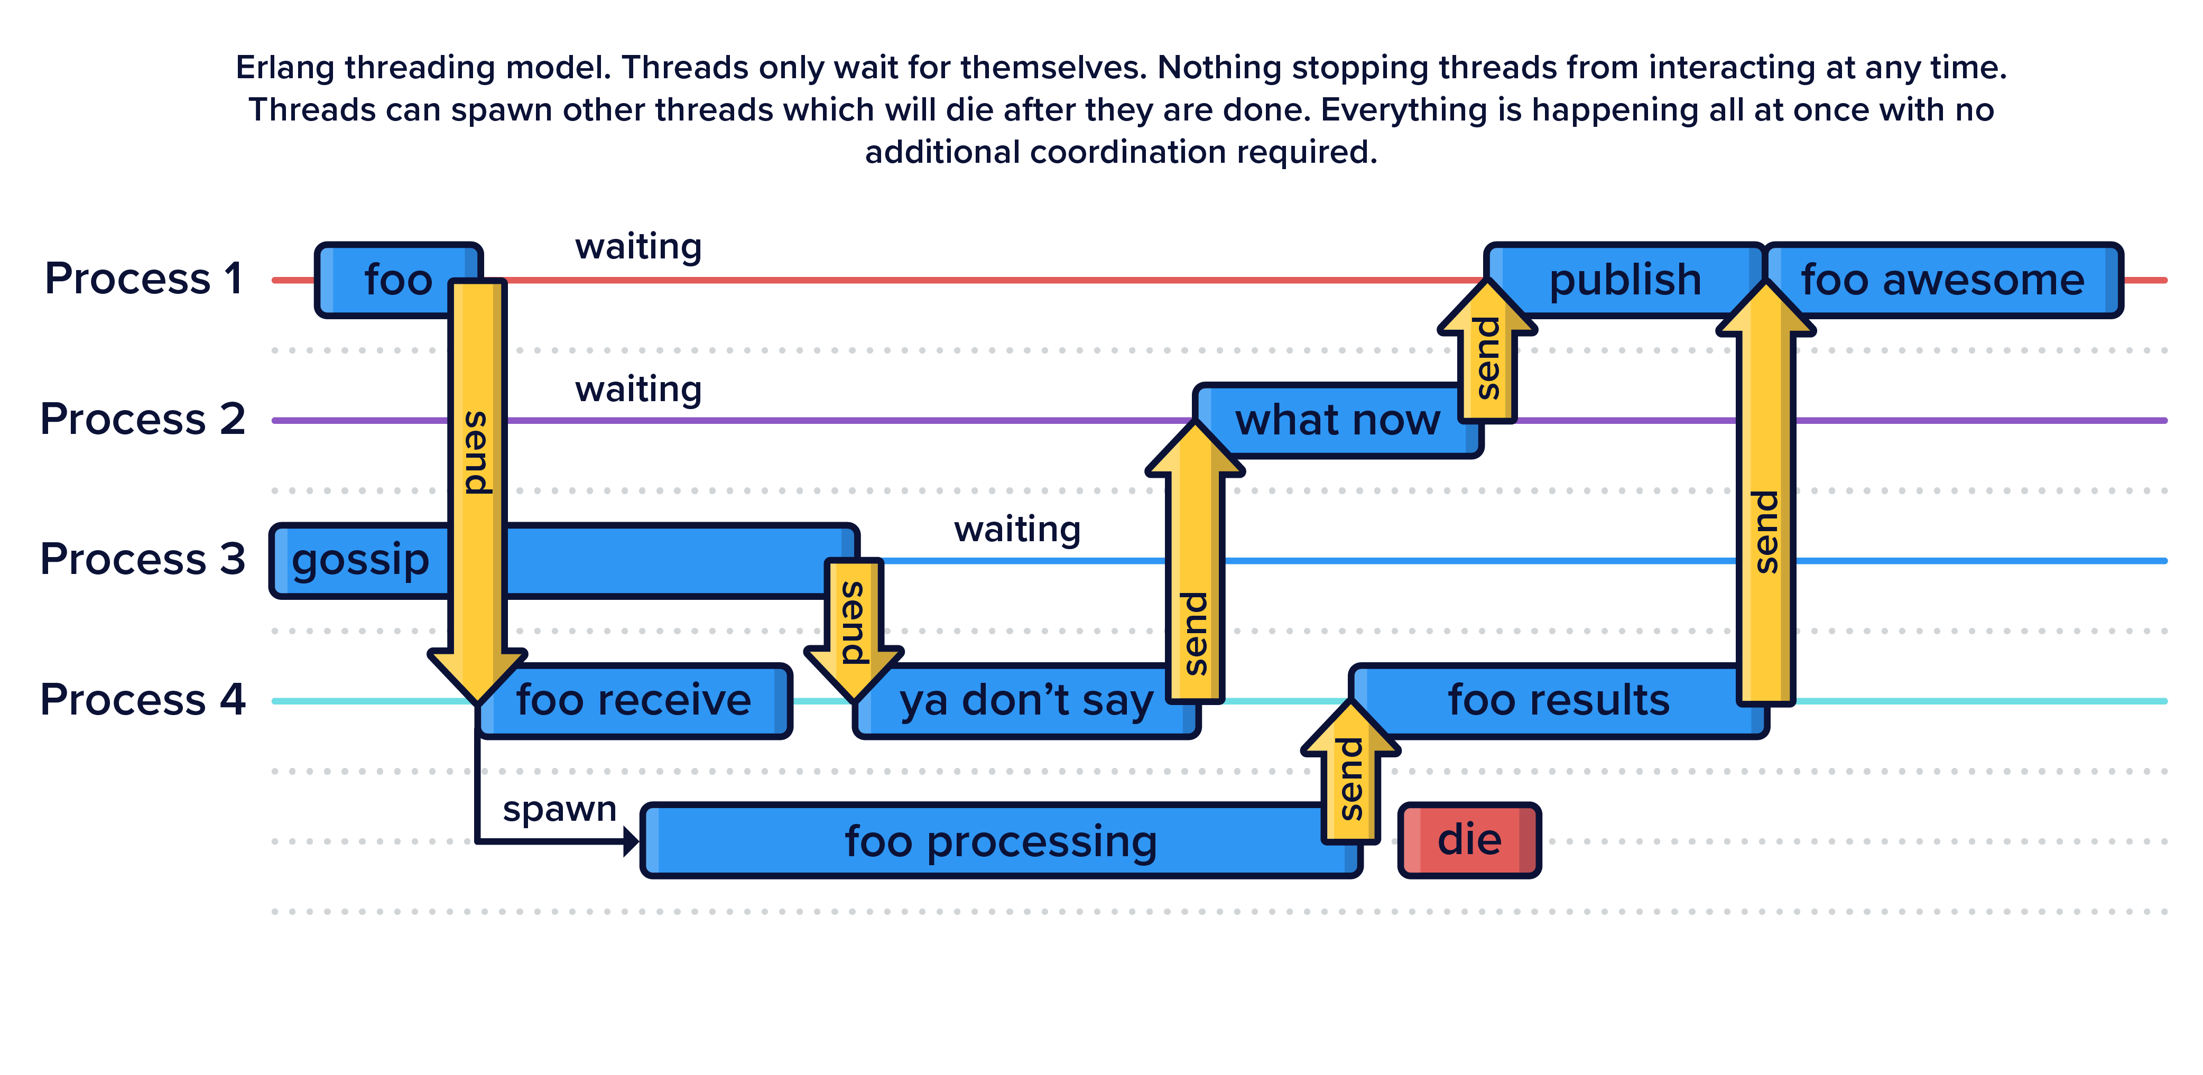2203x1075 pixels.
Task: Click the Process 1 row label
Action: pos(144,279)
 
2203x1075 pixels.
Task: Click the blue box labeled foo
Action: pos(389,281)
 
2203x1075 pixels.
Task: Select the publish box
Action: pos(1625,281)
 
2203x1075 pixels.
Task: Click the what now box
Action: pos(1337,421)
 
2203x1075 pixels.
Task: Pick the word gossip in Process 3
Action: pos(360,561)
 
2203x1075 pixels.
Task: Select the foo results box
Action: pos(1558,700)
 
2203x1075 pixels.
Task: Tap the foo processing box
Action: pos(1001,841)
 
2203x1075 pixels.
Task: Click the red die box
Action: pos(1469,840)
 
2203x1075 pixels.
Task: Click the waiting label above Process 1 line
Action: pos(638,247)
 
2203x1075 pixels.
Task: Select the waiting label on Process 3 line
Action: pos(1017,530)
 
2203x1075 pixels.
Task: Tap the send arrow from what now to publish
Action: pos(1487,356)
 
